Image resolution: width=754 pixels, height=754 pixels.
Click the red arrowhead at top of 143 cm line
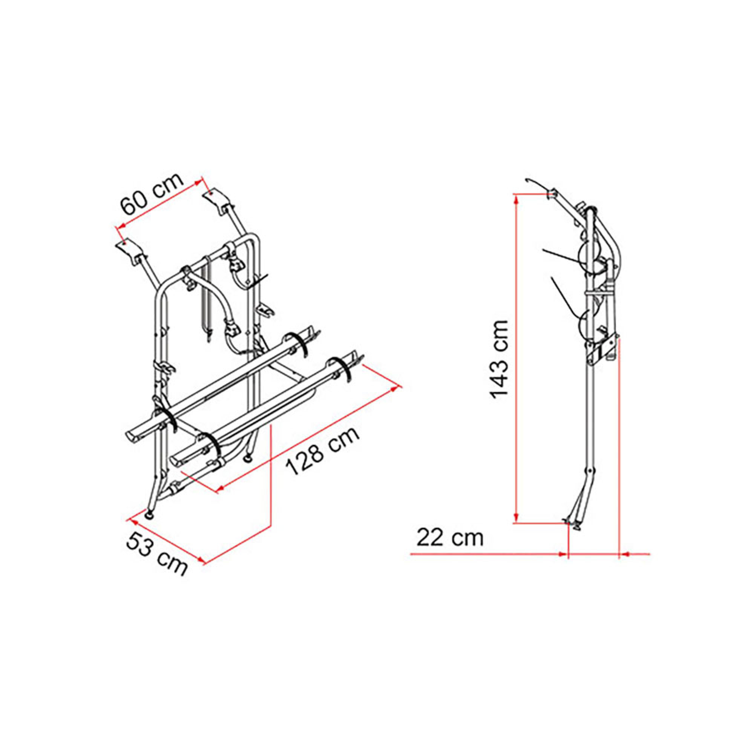(517, 199)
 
